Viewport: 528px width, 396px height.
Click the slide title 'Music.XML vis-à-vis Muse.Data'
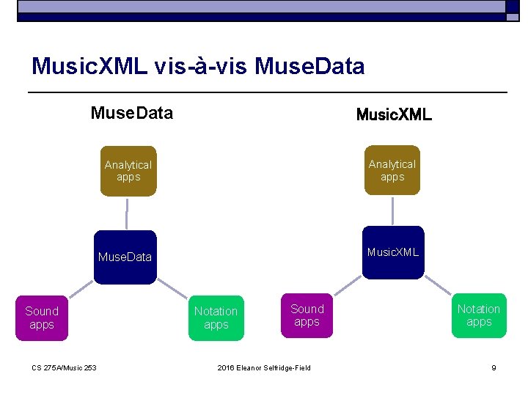click(x=198, y=67)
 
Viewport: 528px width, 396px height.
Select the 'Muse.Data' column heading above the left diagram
click(x=132, y=113)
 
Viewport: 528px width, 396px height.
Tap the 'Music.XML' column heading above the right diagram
click(x=394, y=115)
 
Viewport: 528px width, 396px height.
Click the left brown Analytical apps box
click(x=128, y=171)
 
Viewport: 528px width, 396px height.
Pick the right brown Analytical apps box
click(x=392, y=170)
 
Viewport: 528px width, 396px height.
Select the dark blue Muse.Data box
click(x=125, y=257)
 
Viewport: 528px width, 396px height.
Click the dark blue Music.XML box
click(x=393, y=252)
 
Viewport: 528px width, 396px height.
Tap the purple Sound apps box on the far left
click(x=42, y=318)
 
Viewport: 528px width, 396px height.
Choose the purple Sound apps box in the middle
click(x=307, y=315)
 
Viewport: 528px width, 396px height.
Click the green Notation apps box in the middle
click(x=216, y=318)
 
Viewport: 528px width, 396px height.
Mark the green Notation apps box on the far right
click(x=479, y=315)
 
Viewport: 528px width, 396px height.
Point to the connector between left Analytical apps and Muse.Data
click(x=127, y=213)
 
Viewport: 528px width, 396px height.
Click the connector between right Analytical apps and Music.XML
click(x=393, y=210)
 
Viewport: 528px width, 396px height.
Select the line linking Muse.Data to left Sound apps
click(x=81, y=289)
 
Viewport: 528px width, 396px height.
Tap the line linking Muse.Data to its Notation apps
click(x=173, y=289)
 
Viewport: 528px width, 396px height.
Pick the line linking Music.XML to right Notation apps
click(x=439, y=285)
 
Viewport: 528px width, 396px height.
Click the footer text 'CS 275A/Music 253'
click(x=65, y=367)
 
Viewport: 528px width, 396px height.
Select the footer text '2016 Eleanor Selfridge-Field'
click(x=264, y=367)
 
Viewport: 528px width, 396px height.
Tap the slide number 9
click(x=494, y=367)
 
